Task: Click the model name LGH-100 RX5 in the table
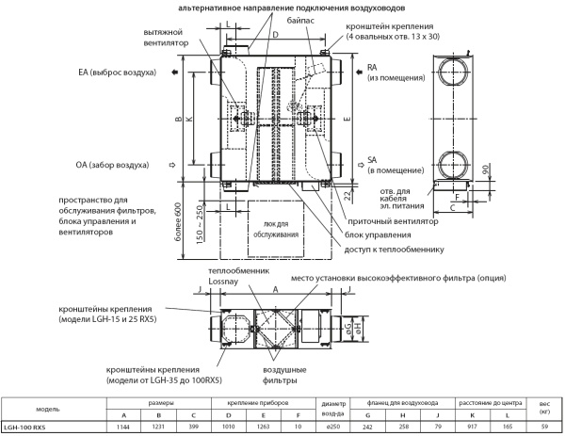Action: (x=25, y=426)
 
